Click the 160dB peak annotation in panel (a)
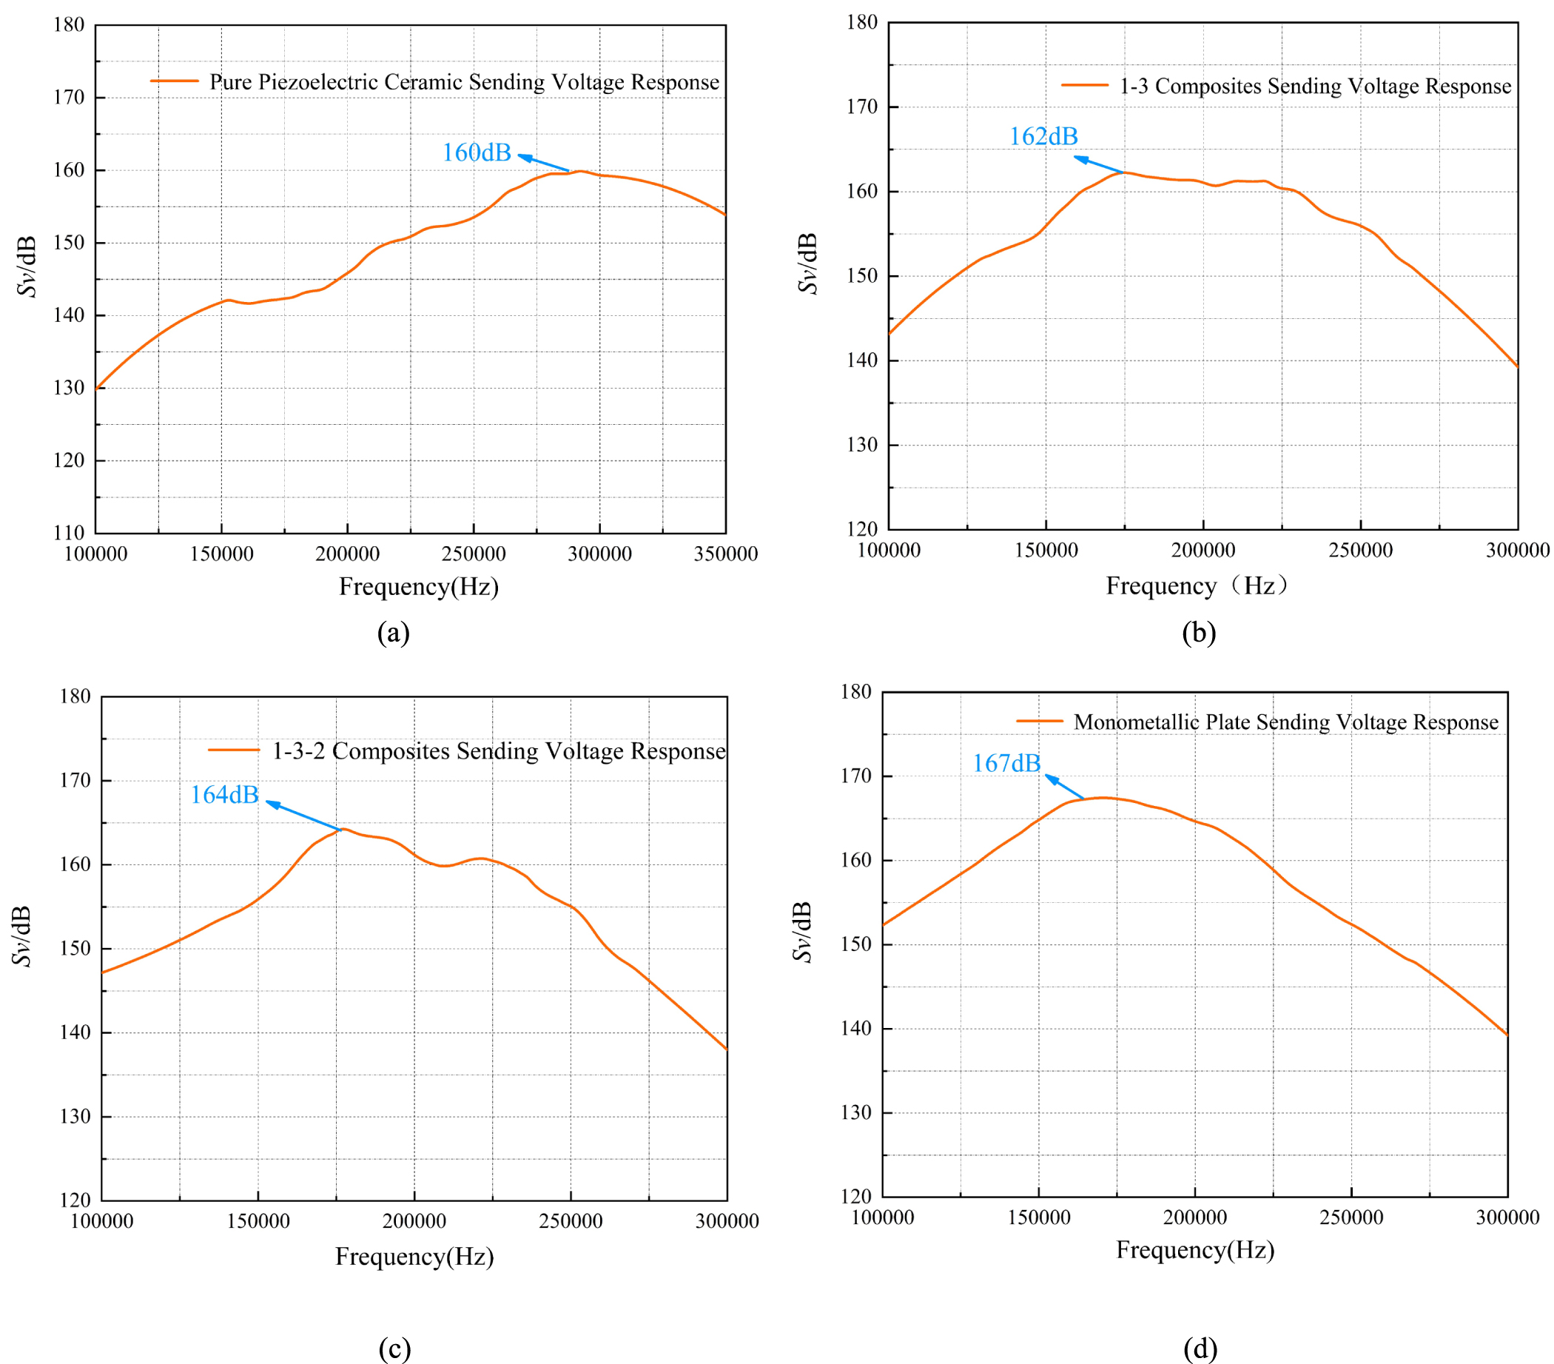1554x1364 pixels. [477, 152]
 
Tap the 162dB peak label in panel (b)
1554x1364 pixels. [1043, 137]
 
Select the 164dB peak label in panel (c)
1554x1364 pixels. [224, 796]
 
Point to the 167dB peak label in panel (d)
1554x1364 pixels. [1006, 764]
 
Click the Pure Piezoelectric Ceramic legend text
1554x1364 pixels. [464, 82]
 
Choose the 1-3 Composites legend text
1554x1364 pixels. [1315, 87]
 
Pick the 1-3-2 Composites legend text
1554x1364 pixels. [499, 751]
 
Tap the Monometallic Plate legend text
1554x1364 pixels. [1285, 722]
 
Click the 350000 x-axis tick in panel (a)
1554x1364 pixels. [725, 554]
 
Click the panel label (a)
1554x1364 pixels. [394, 633]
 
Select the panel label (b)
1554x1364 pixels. [1199, 633]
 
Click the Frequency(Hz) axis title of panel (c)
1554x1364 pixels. [415, 1257]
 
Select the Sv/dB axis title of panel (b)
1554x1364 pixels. [807, 263]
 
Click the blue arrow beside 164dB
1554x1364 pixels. [304, 815]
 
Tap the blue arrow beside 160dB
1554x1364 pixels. [544, 163]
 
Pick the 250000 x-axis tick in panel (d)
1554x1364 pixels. [1351, 1217]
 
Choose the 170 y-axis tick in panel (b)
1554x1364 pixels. [862, 107]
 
